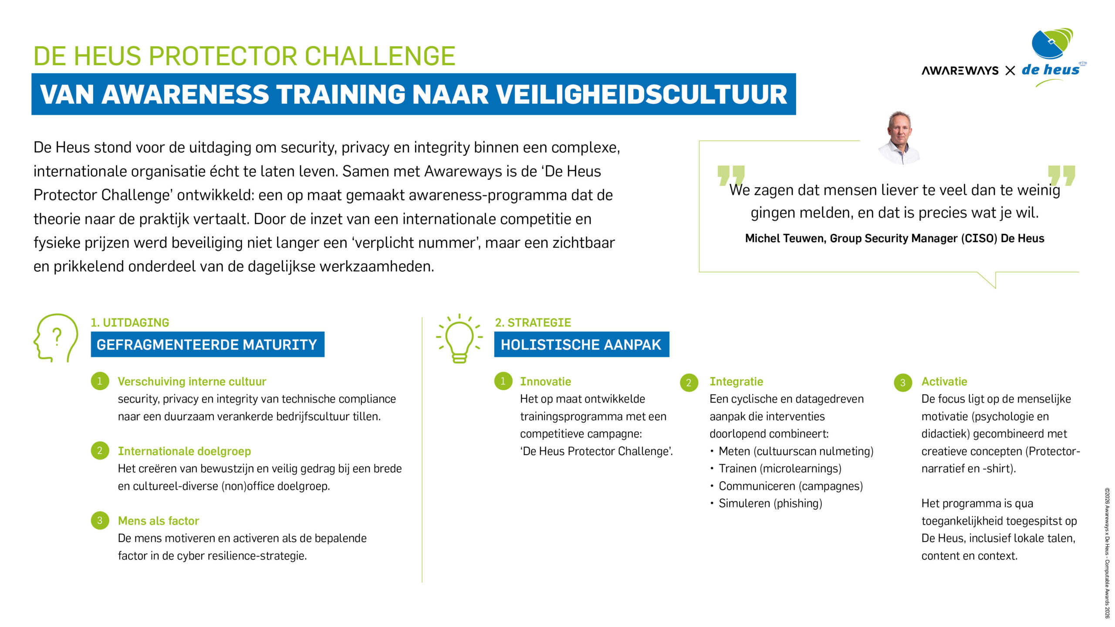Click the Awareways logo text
point(960,71)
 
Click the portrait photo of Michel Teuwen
point(899,138)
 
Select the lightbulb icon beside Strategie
point(460,338)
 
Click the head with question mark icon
point(56,338)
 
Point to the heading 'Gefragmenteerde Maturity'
point(207,344)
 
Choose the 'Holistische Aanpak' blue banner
point(581,344)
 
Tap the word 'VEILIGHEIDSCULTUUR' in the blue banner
point(642,94)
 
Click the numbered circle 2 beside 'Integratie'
point(689,383)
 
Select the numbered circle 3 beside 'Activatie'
point(902,383)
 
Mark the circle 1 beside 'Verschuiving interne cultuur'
point(100,381)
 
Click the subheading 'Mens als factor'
point(158,521)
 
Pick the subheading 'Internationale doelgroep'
point(184,451)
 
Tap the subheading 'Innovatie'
point(545,381)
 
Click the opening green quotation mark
point(731,175)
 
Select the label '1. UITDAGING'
point(130,323)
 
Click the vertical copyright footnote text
point(1107,553)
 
